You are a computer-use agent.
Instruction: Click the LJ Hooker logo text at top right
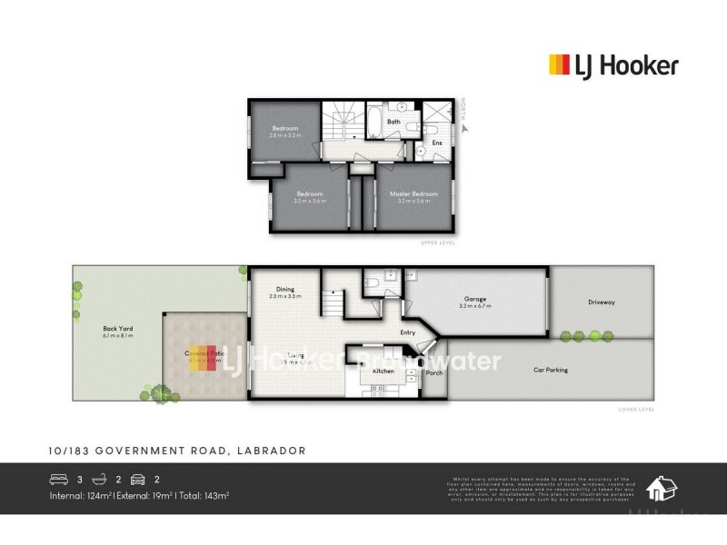click(x=625, y=65)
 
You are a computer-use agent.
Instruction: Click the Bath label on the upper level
click(x=393, y=122)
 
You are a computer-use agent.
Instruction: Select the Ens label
click(x=436, y=143)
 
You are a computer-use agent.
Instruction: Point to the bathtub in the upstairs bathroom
click(x=374, y=118)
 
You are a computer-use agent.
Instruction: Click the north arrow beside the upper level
click(x=463, y=128)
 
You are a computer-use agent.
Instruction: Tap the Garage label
click(x=476, y=298)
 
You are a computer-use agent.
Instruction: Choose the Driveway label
click(x=602, y=302)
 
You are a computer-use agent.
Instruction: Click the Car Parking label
click(x=550, y=370)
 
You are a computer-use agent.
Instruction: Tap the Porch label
click(x=434, y=373)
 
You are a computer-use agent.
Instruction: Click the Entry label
click(x=408, y=332)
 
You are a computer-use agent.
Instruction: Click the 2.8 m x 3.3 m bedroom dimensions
click(x=285, y=134)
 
